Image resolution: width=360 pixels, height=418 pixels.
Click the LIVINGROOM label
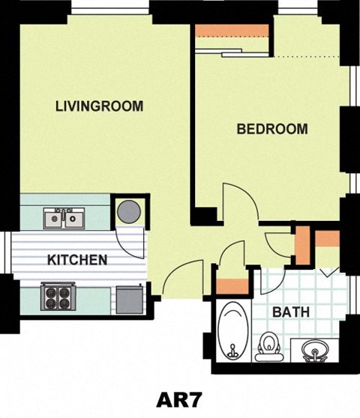pyautogui.click(x=99, y=106)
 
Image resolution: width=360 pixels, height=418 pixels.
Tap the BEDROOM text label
pyautogui.click(x=271, y=129)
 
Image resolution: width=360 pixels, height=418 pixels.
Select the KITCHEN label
pyautogui.click(x=76, y=261)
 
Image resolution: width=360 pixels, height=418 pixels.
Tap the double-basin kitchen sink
pyautogui.click(x=63, y=219)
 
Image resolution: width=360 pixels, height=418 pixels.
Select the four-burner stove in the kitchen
pyautogui.click(x=58, y=298)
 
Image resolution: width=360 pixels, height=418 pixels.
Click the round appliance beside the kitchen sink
pyautogui.click(x=127, y=210)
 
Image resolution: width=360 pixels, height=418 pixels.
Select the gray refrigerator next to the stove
pyautogui.click(x=129, y=300)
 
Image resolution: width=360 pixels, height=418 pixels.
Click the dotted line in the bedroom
pyautogui.click(x=308, y=58)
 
